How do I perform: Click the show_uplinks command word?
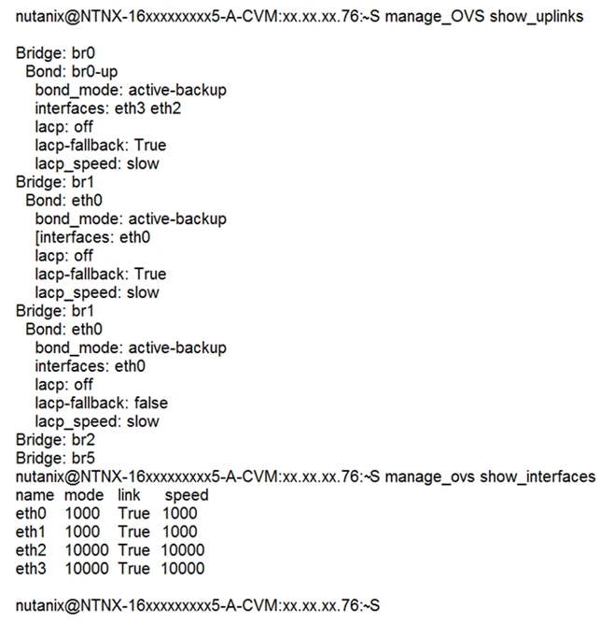click(x=537, y=17)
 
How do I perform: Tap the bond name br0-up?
click(x=94, y=72)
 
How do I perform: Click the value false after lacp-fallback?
click(x=151, y=404)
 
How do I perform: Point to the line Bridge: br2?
click(x=55, y=440)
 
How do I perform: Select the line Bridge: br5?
click(x=55, y=458)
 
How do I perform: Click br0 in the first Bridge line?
click(x=83, y=53)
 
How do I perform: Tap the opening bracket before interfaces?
click(x=37, y=237)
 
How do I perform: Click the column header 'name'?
click(x=35, y=495)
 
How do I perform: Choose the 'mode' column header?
click(x=84, y=495)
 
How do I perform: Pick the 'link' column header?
click(x=129, y=495)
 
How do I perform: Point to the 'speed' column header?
click(x=187, y=496)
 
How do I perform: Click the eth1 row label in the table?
click(x=31, y=532)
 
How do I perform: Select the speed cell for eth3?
click(x=182, y=569)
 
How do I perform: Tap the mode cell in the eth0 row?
click(x=82, y=514)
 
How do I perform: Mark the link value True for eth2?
click(x=134, y=550)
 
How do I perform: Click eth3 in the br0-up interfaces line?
click(x=130, y=108)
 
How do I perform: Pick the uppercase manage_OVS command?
click(x=435, y=17)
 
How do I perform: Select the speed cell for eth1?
click(x=180, y=532)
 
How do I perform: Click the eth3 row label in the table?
click(x=31, y=569)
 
